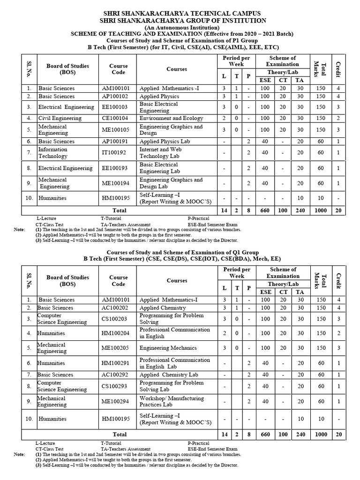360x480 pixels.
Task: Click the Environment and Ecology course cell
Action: pos(171,118)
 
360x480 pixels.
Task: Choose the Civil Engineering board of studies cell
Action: pos(60,118)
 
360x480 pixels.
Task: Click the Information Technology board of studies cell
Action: pos(52,153)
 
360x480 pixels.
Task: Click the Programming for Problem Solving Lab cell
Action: pos(172,386)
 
